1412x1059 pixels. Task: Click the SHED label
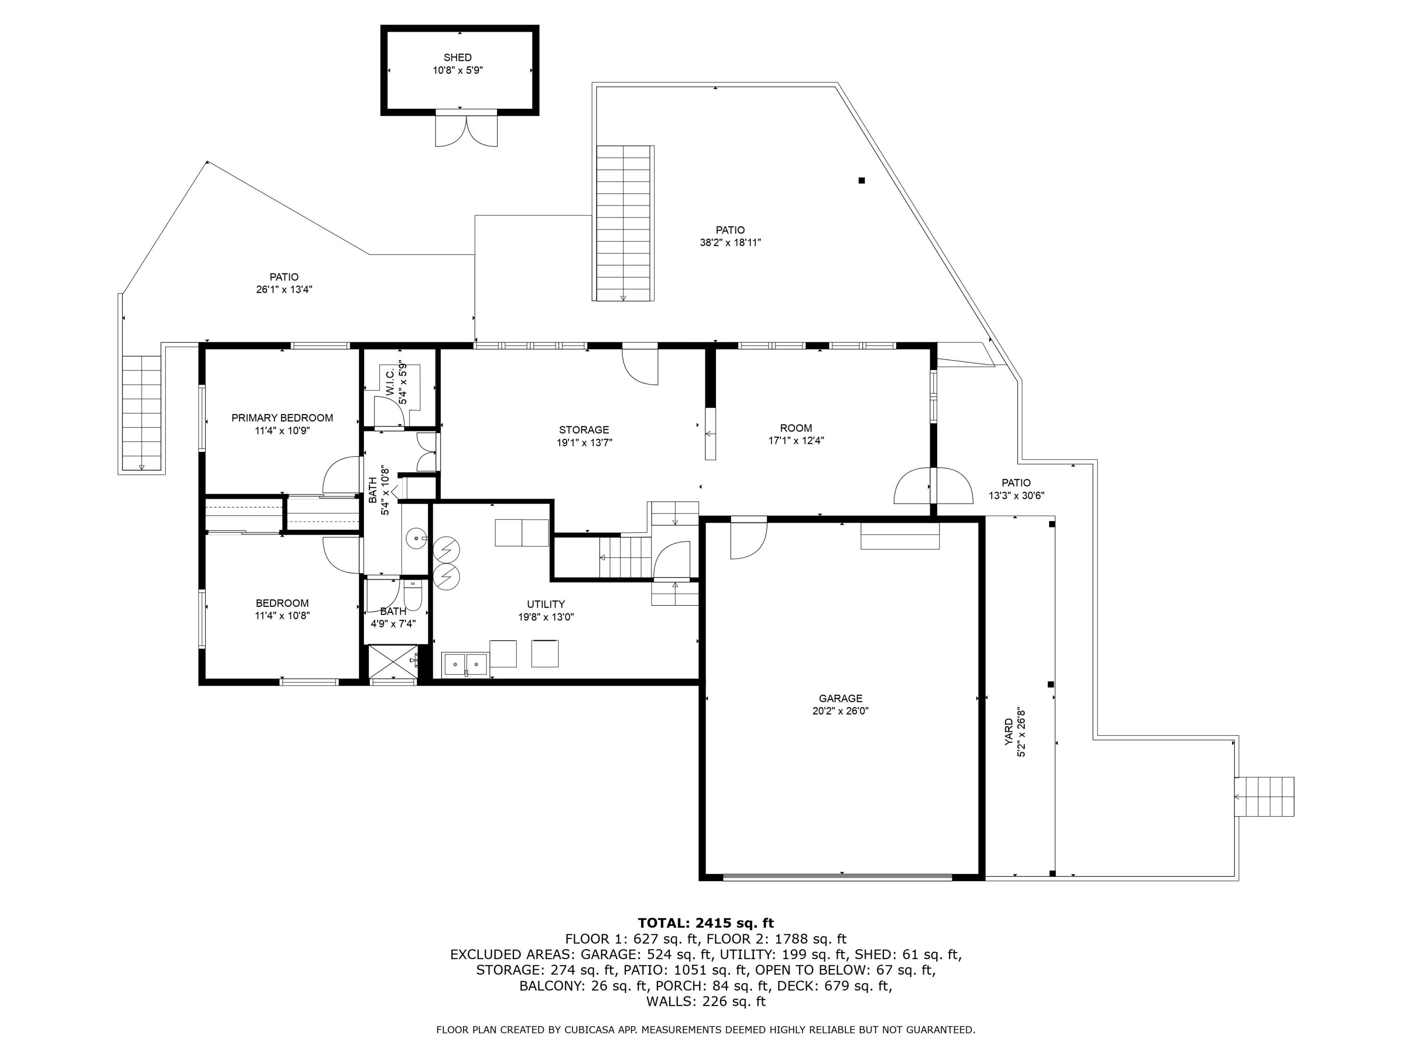pos(457,57)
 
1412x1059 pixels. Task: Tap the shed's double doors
pos(466,129)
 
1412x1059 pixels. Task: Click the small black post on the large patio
pos(861,181)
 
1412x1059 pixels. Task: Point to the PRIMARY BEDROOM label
pos(281,418)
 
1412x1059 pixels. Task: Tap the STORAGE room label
pos(584,430)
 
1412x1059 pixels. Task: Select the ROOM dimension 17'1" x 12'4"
pos(795,441)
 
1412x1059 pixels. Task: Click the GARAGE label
pos(840,698)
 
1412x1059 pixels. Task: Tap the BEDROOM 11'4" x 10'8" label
pos(281,603)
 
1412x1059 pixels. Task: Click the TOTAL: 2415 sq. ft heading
pos(706,923)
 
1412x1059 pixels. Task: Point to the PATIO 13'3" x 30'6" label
pos(1016,483)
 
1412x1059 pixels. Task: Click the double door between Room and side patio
pos(932,486)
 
